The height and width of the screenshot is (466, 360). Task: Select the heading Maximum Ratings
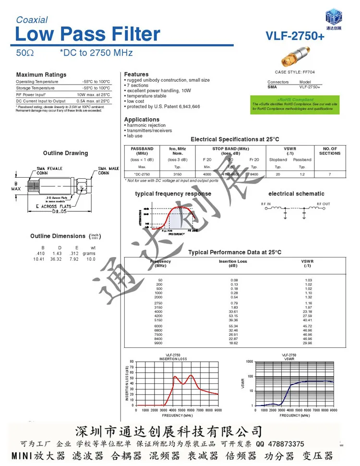coord(41,74)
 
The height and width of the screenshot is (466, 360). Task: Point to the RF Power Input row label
coord(31,95)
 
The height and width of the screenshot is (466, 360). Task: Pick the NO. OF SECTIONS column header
coord(329,151)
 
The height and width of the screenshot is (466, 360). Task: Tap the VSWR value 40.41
coord(308,320)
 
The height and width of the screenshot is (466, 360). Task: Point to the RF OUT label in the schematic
coord(323,204)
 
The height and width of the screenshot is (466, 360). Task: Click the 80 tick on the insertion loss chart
coord(132,361)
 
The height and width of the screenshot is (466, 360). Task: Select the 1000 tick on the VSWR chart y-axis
coord(249,361)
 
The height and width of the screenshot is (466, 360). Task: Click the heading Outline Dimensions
coord(58,236)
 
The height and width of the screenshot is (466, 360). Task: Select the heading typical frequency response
coord(173,194)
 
